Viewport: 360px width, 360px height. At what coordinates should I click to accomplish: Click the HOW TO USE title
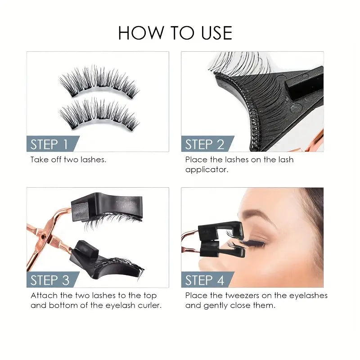175,33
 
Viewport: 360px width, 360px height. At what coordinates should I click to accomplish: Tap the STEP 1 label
49,144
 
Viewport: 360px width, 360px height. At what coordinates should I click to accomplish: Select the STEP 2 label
204,144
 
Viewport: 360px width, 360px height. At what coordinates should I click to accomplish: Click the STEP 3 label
49,280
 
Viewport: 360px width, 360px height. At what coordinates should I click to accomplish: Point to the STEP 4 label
204,280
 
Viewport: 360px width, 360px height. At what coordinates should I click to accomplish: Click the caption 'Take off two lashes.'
68,160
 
